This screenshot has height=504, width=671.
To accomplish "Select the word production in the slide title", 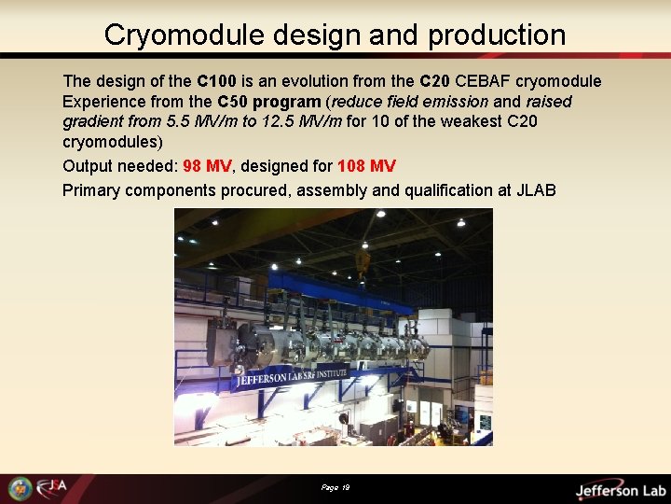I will [497, 35].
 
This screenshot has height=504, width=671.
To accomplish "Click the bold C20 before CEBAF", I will [435, 81].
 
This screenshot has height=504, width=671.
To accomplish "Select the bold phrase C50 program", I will [269, 102].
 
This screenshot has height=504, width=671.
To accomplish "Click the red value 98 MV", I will [207, 166].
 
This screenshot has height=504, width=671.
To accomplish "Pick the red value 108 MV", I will [366, 166].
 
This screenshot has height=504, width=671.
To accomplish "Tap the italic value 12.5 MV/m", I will [297, 122].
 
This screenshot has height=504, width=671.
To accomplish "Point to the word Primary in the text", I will [92, 190].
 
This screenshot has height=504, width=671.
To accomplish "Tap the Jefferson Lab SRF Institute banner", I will [292, 377].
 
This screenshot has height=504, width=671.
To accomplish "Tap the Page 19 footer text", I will [335, 487].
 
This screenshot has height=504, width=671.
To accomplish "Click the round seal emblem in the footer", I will [20, 488].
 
